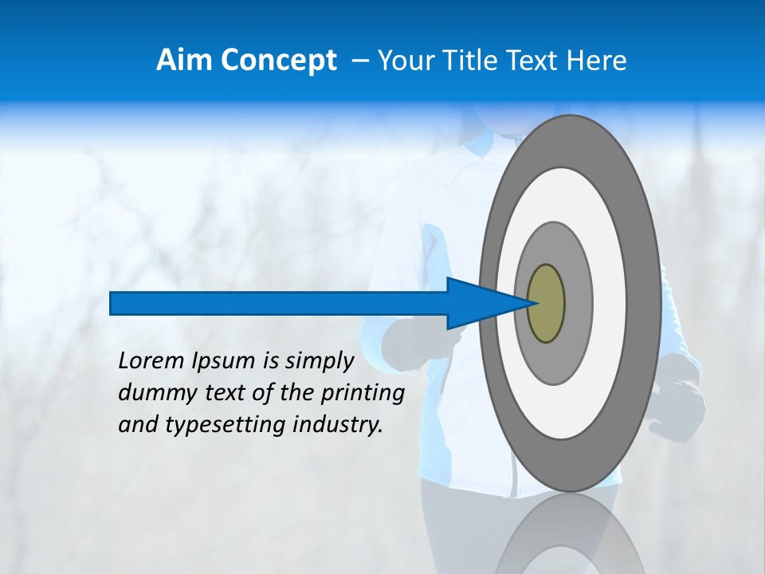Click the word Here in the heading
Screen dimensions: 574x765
click(596, 61)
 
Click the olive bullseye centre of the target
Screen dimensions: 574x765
click(546, 304)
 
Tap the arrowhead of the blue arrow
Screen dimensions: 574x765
click(478, 304)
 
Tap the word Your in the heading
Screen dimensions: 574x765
click(406, 61)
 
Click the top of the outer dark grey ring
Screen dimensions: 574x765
click(569, 140)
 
